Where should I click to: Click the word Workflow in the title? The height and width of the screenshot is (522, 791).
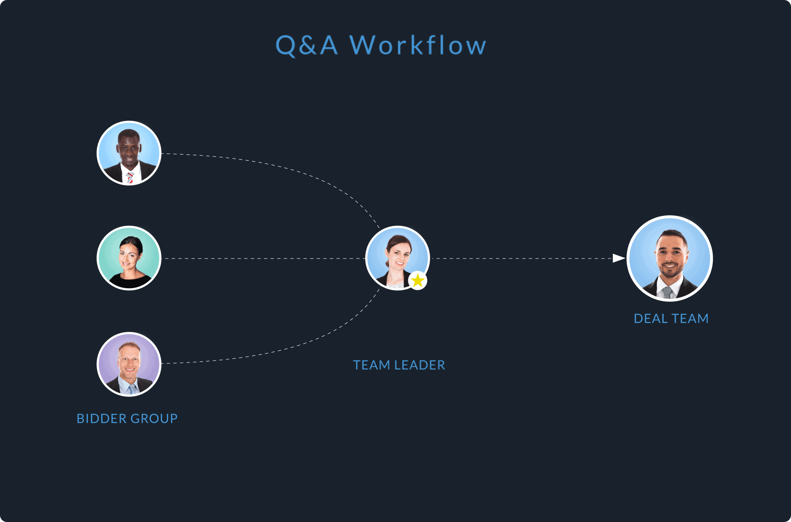pyautogui.click(x=418, y=45)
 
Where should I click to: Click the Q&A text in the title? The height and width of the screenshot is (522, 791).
pyautogui.click(x=306, y=45)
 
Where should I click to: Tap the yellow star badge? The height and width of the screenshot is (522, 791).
pyautogui.click(x=418, y=281)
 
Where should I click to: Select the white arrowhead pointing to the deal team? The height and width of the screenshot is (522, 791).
pyautogui.click(x=619, y=258)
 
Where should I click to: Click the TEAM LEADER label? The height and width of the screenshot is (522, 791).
pyautogui.click(x=399, y=365)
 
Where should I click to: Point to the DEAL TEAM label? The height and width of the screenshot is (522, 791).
pyautogui.click(x=671, y=319)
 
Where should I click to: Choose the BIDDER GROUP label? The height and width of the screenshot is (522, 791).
pyautogui.click(x=127, y=419)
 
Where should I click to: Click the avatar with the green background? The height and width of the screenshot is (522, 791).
pyautogui.click(x=129, y=258)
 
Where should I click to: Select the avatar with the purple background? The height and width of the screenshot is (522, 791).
pyautogui.click(x=129, y=364)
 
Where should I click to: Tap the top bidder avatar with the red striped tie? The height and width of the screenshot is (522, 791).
pyautogui.click(x=129, y=153)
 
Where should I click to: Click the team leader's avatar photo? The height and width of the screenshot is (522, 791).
pyautogui.click(x=398, y=258)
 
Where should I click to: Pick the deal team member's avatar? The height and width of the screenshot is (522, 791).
pyautogui.click(x=669, y=258)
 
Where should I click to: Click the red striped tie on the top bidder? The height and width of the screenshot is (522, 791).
pyautogui.click(x=130, y=177)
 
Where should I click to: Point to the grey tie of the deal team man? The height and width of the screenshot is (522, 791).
pyautogui.click(x=667, y=292)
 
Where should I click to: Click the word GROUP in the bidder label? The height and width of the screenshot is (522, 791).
pyautogui.click(x=154, y=419)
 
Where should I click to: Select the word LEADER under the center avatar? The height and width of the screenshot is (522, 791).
pyautogui.click(x=419, y=365)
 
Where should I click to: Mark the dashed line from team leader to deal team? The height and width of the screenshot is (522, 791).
pyautogui.click(x=522, y=259)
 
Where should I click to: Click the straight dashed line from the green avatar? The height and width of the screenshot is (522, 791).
pyautogui.click(x=264, y=259)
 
